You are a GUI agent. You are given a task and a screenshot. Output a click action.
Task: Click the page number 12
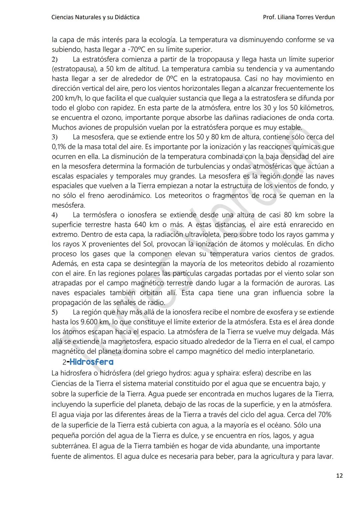click(x=339, y=476)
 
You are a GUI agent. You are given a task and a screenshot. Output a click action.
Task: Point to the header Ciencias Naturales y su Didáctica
click(x=95, y=17)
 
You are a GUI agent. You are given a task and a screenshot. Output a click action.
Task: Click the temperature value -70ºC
click(x=137, y=50)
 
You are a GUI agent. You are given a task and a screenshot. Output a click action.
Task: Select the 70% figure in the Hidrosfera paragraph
click(x=323, y=415)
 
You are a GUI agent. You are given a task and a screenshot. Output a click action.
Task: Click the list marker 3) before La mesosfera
click(x=55, y=137)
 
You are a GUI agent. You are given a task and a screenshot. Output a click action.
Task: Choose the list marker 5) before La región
click(x=55, y=312)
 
